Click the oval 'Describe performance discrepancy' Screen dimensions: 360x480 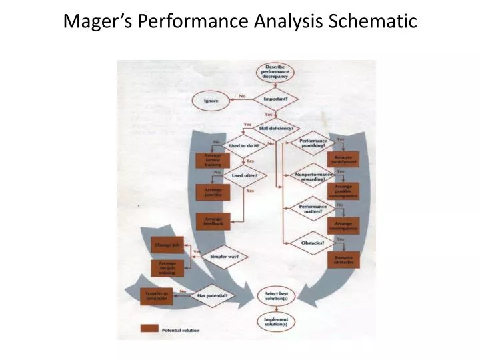[275, 73]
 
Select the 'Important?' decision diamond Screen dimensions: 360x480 [275, 99]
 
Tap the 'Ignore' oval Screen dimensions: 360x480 [211, 101]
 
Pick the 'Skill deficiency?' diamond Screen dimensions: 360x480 [275, 128]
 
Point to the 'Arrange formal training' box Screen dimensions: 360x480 [212, 160]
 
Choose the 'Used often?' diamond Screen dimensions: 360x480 [244, 176]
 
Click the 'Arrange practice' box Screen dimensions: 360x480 [212, 192]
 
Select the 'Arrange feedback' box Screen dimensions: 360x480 [212, 221]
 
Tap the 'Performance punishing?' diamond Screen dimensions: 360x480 [313, 144]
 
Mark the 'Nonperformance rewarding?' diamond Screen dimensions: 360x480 [313, 176]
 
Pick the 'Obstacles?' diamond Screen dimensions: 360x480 [313, 243]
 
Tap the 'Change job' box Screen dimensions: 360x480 [167, 245]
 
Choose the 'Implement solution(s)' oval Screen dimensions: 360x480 [275, 323]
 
